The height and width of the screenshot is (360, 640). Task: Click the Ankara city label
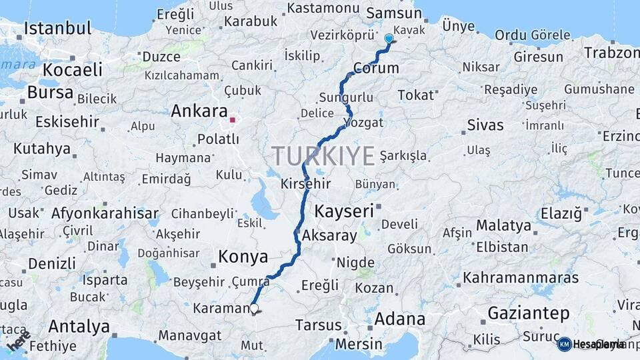tap(199, 111)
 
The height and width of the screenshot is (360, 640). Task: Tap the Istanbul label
tap(57, 28)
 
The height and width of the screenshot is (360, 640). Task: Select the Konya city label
tap(243, 257)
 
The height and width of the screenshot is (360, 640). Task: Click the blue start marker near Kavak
tap(389, 39)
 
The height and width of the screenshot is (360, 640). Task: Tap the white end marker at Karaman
tap(254, 309)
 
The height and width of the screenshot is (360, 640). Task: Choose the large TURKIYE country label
tap(323, 156)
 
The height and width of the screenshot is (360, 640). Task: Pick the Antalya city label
tap(79, 327)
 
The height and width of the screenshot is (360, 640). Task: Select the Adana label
tap(400, 319)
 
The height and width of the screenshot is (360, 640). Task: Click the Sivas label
tap(485, 125)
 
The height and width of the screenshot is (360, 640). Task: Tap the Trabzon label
tap(611, 52)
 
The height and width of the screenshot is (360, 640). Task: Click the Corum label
tap(376, 68)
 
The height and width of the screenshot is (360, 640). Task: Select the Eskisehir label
tap(67, 122)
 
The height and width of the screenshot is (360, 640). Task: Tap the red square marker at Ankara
tap(232, 121)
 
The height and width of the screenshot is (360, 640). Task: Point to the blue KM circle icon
tap(564, 344)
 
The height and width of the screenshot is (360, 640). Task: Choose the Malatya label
tap(503, 225)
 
